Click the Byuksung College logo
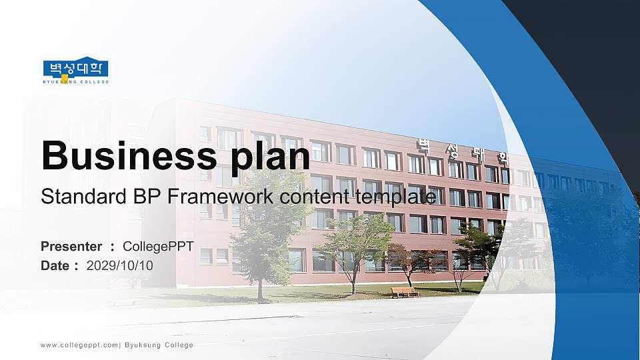point(75,69)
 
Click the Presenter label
point(71,246)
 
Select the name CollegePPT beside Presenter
point(158,246)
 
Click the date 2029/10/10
point(120,265)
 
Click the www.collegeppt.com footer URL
point(79,345)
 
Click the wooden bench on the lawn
point(404,292)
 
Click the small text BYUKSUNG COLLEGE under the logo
point(75,81)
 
